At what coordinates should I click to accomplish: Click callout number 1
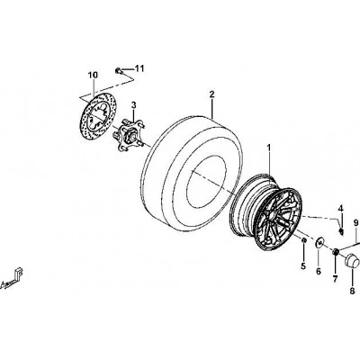tap(269, 148)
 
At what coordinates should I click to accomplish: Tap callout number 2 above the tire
tap(211, 94)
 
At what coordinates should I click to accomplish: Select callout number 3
tap(134, 105)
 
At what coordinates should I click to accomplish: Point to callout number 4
tap(340, 208)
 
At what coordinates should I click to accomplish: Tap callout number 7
tap(335, 279)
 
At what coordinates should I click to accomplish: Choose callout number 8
tap(352, 291)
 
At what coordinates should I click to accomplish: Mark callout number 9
tap(356, 223)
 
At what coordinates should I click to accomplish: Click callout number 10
tap(93, 76)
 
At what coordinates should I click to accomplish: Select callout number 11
tap(139, 68)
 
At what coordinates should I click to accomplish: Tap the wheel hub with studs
tap(128, 136)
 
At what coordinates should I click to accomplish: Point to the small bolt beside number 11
tap(118, 71)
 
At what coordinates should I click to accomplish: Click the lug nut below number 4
tap(341, 231)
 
